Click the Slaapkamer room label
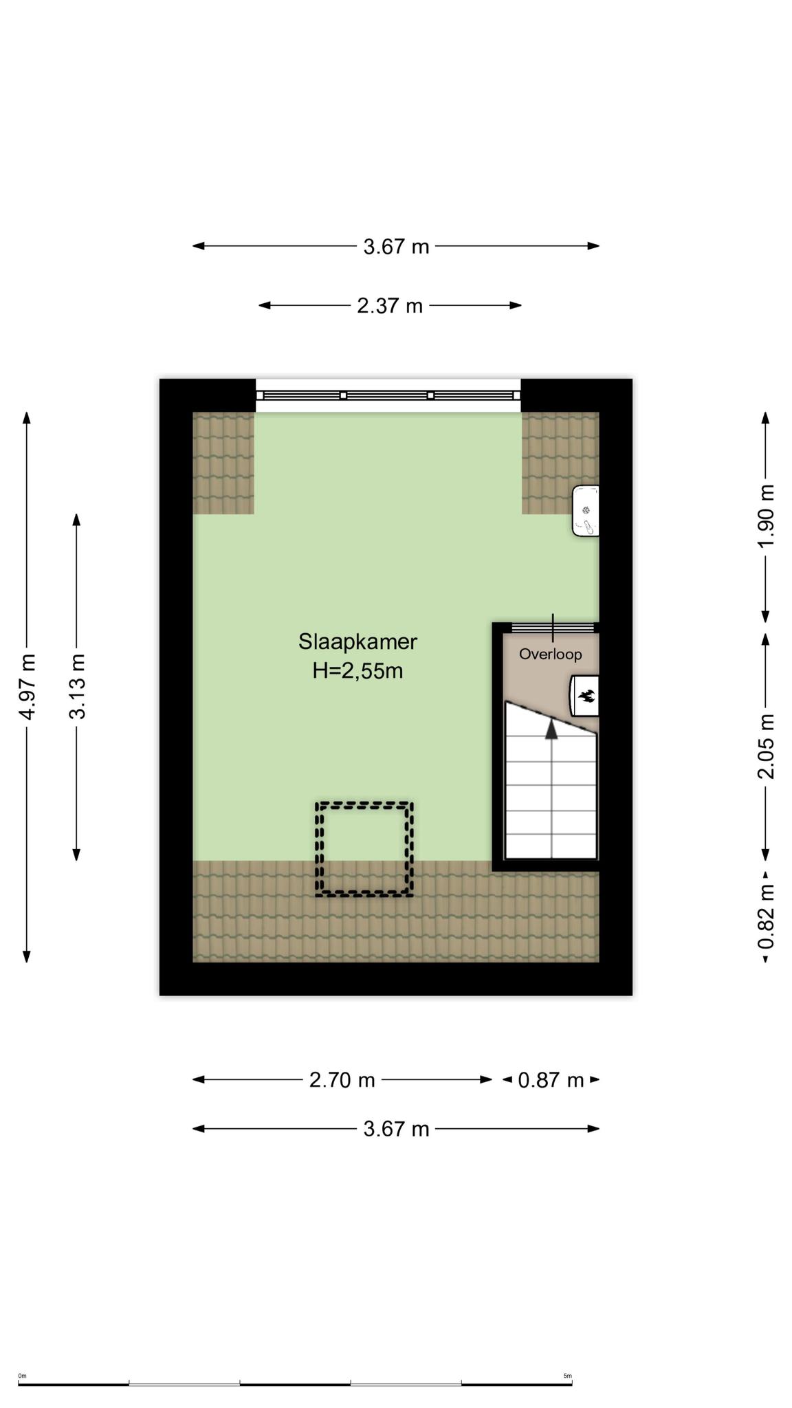pos(357,641)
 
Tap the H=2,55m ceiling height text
pos(357,671)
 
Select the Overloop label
pos(550,654)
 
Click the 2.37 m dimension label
pos(390,305)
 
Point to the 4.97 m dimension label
pos(27,687)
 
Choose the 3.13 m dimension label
pos(77,687)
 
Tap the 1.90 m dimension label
pos(766,516)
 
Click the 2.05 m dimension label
pos(766,747)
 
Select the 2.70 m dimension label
pos(342,1080)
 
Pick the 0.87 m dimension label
pos(551,1080)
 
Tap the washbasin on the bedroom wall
pos(586,511)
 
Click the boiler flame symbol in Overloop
pos(586,696)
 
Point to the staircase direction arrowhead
pos(551,729)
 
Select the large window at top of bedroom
pos(388,395)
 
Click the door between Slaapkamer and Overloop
pos(553,627)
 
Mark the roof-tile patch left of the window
pos(223,463)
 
